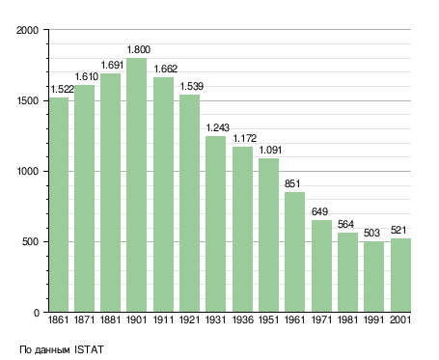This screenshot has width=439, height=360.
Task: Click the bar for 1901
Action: (136, 185)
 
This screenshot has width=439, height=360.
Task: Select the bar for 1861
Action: (59, 205)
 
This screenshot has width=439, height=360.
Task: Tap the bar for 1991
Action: (373, 277)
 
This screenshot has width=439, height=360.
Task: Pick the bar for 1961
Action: (294, 252)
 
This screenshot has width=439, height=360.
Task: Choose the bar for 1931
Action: (215, 224)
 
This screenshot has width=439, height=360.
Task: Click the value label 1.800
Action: (139, 49)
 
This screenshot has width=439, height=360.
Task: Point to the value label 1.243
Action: (218, 127)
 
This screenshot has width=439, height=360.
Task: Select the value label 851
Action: (292, 183)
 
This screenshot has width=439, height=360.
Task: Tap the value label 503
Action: (371, 233)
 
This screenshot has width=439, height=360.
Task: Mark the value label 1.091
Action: (270, 150)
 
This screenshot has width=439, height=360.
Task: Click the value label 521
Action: (398, 230)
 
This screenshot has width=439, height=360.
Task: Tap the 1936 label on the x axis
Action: (242, 320)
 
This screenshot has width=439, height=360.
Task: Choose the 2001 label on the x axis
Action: (400, 320)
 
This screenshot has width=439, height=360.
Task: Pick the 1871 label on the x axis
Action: (84, 320)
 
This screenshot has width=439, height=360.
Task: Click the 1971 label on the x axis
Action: (321, 320)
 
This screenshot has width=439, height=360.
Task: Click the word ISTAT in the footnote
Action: (89, 349)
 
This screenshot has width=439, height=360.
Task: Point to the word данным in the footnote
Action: (52, 350)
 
